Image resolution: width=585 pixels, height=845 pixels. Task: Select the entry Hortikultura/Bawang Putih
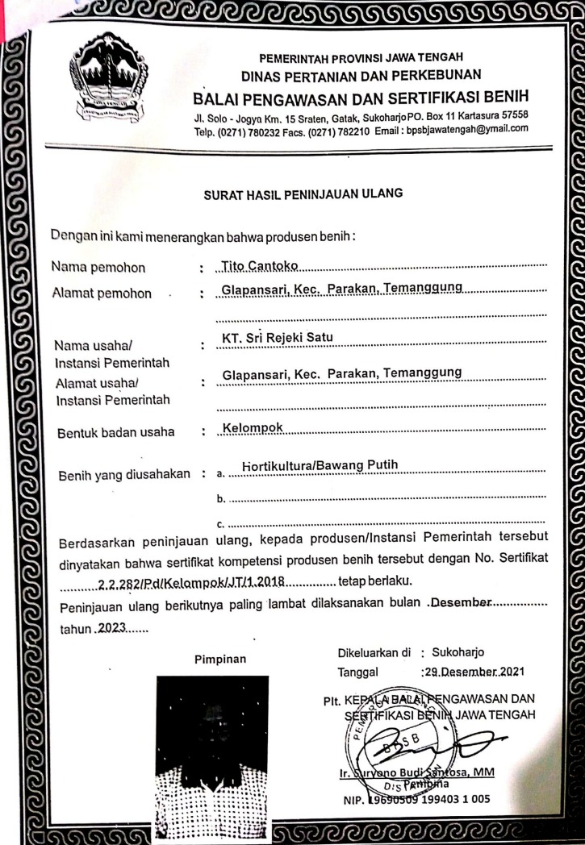[x=320, y=464]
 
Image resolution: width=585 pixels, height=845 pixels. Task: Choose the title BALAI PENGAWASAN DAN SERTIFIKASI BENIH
[x=361, y=100]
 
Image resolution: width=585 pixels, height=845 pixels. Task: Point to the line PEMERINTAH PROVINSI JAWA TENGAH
[x=361, y=57]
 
